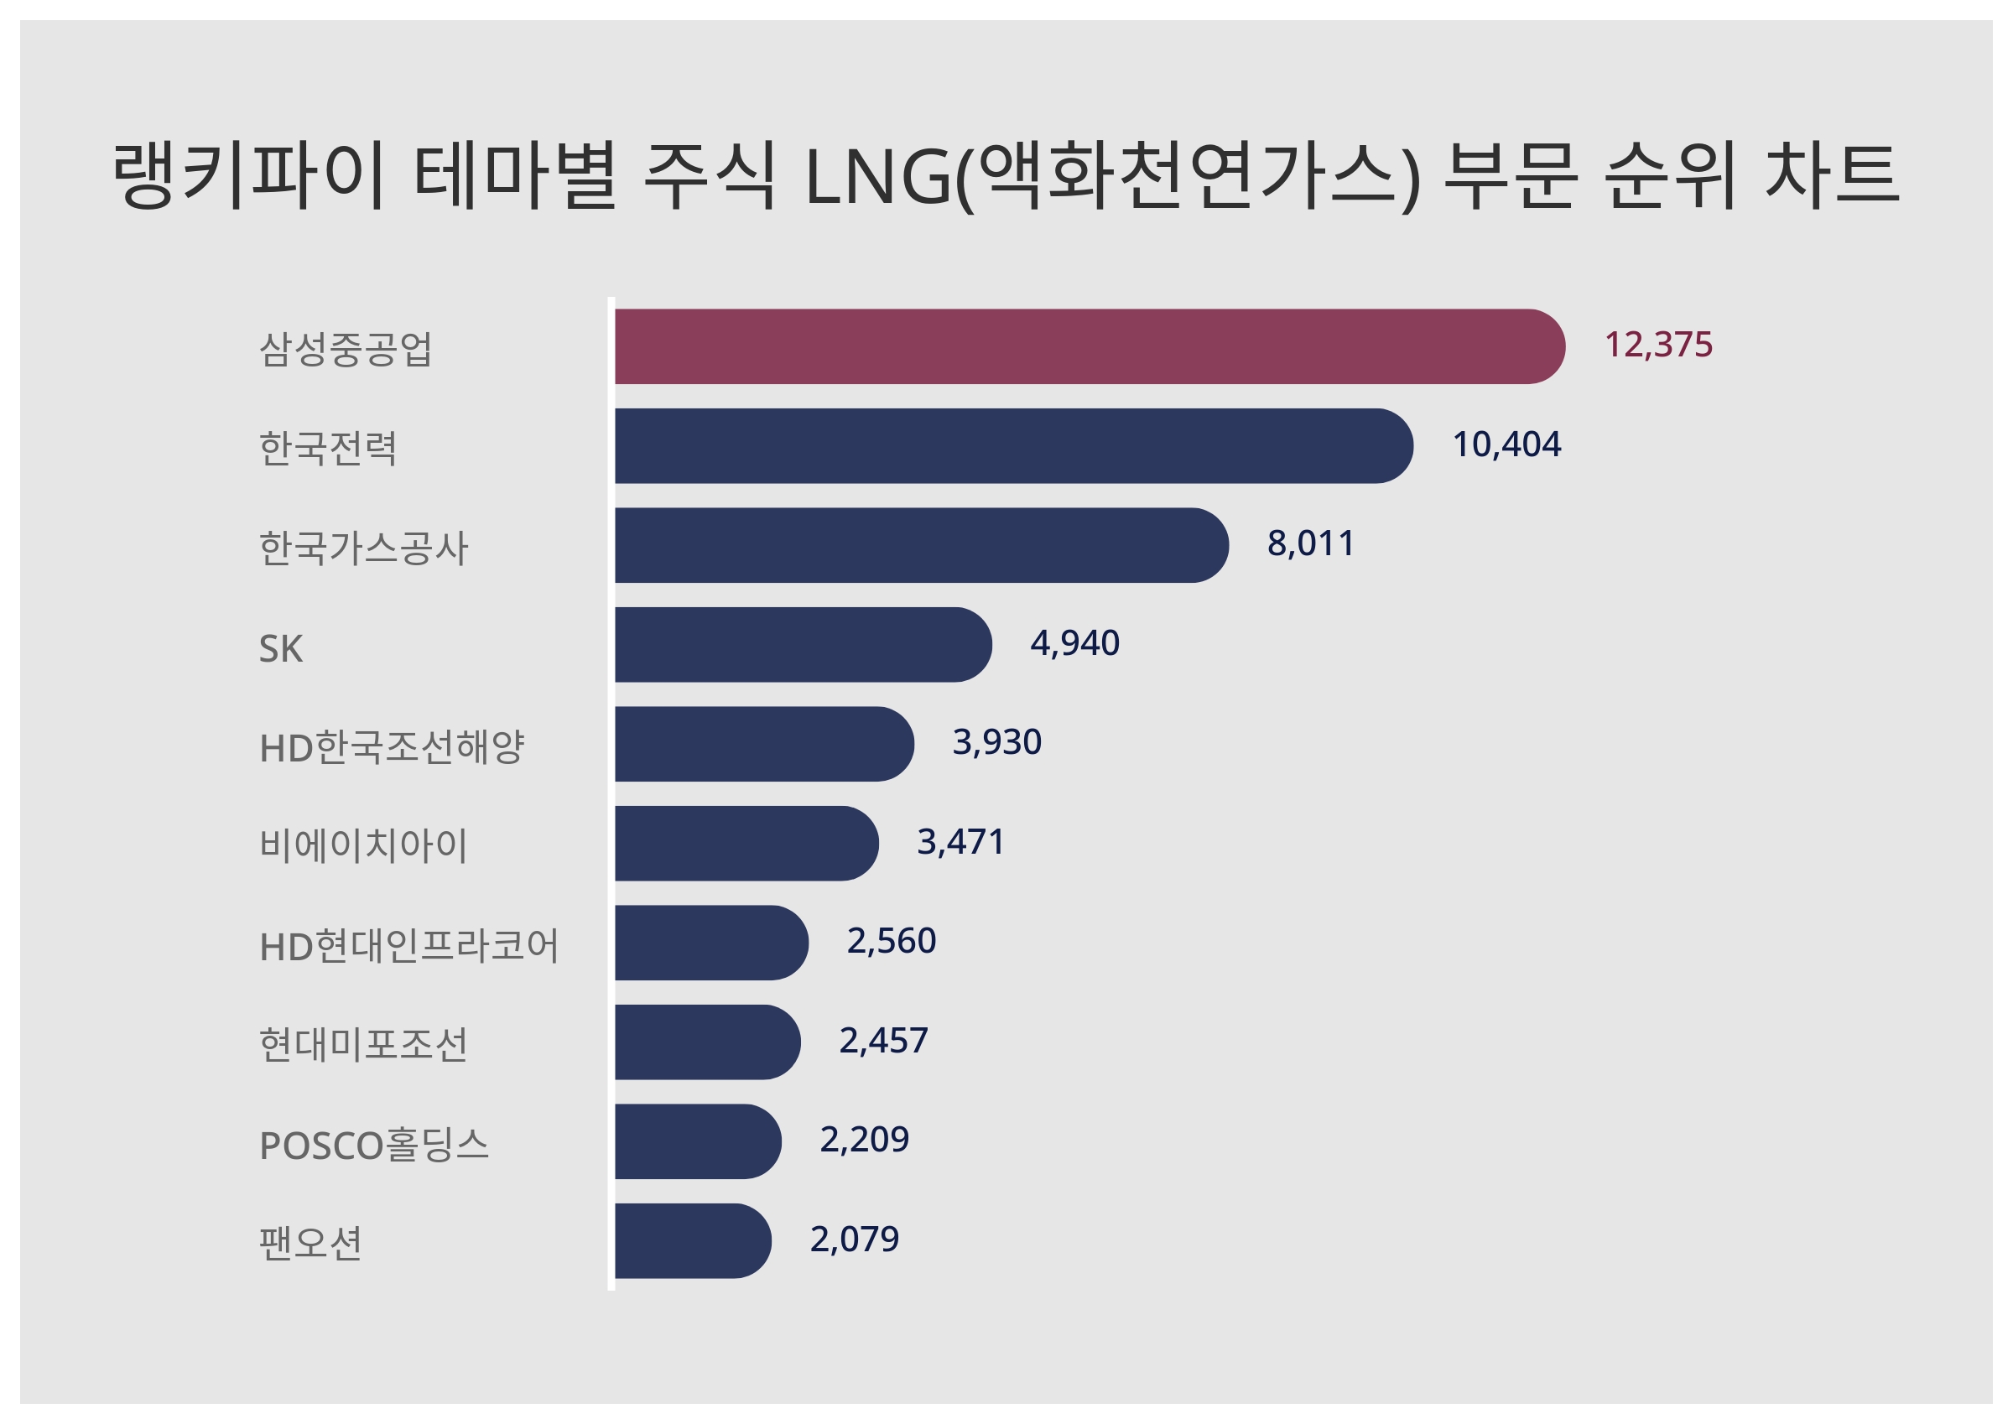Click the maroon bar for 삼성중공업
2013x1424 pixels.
click(x=1087, y=346)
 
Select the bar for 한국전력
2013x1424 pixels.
click(x=1012, y=445)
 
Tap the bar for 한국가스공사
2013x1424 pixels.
click(x=921, y=544)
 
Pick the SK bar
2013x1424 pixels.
click(x=802, y=644)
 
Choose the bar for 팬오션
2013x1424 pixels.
click(x=693, y=1240)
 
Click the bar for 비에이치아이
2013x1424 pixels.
click(x=746, y=843)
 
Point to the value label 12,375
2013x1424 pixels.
click(x=1658, y=345)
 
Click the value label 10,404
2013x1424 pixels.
click(x=1506, y=444)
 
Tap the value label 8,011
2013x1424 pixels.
click(x=1311, y=543)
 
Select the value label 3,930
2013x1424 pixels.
click(x=997, y=743)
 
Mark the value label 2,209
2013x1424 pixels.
click(x=864, y=1140)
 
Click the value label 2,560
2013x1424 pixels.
click(x=891, y=941)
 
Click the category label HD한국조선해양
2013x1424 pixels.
click(x=391, y=747)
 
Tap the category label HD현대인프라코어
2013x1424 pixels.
click(x=408, y=946)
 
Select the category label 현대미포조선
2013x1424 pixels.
click(x=363, y=1044)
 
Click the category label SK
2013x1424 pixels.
click(x=280, y=649)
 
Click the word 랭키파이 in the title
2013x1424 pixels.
click(x=248, y=175)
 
